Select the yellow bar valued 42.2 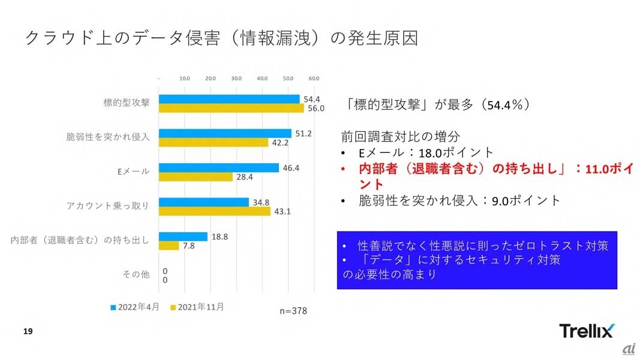click(214, 142)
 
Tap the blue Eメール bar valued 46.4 click(219, 168)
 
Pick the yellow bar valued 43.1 click(215, 211)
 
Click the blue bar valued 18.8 click(183, 236)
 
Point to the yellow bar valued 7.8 click(169, 246)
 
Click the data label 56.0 click(316, 109)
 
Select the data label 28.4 click(244, 177)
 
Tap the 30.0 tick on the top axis click(236, 79)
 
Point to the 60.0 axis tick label click(313, 79)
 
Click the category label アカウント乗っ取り click(108, 206)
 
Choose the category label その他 click(136, 274)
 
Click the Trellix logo click(586, 331)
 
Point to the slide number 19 click(27, 331)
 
